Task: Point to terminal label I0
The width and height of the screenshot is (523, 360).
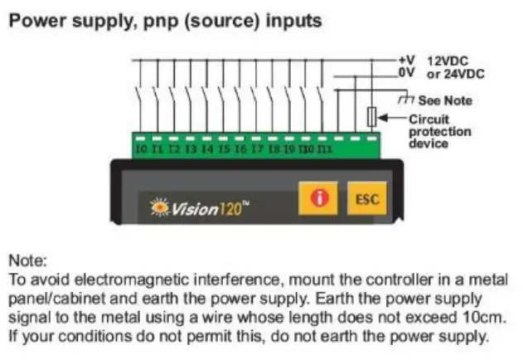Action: point(142,149)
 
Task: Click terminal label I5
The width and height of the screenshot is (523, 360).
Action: point(224,149)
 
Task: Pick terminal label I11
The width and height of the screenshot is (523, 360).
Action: point(325,149)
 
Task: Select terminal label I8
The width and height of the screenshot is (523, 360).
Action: point(274,149)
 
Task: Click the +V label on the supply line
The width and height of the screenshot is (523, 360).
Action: point(405,61)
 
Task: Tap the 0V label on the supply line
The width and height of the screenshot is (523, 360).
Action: point(405,73)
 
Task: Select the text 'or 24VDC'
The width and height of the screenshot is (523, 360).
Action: point(455,74)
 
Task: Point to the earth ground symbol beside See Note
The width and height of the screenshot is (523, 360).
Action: point(405,100)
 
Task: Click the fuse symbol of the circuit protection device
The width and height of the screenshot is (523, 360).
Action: point(372,116)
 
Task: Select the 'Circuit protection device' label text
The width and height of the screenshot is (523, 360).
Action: point(439,131)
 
